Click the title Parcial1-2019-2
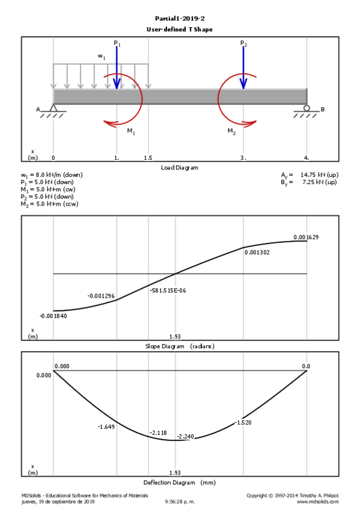180,19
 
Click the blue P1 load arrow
117,67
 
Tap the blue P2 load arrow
243,67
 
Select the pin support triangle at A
53,108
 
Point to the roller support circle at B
307,108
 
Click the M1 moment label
131,131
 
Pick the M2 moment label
231,131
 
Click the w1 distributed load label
102,57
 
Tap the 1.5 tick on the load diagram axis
148,158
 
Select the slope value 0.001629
306,237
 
